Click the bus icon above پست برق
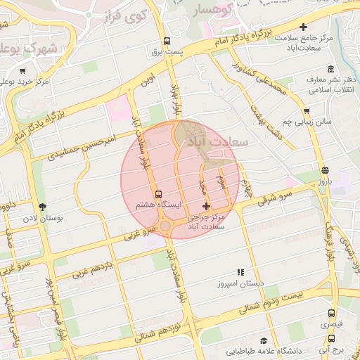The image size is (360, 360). (167, 41)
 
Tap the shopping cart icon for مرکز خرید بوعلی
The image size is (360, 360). (22, 70)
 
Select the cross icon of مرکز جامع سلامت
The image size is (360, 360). (303, 27)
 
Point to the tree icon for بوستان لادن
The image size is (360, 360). (43, 207)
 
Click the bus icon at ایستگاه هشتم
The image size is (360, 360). (157, 193)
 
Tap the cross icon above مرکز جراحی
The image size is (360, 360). (205, 206)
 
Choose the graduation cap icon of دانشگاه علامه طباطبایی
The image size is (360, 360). (263, 340)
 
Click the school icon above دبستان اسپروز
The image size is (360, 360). (240, 271)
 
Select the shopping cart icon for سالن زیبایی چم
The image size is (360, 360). (306, 110)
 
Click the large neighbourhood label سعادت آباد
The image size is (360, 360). (214, 141)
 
